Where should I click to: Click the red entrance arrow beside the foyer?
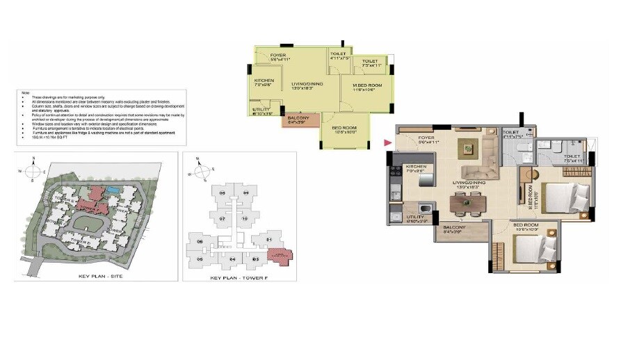(x=387, y=143)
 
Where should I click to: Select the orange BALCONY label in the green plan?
(x=298, y=118)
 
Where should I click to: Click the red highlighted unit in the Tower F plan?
(x=282, y=255)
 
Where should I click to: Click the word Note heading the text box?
(x=26, y=92)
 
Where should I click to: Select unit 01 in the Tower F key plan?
(x=270, y=240)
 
